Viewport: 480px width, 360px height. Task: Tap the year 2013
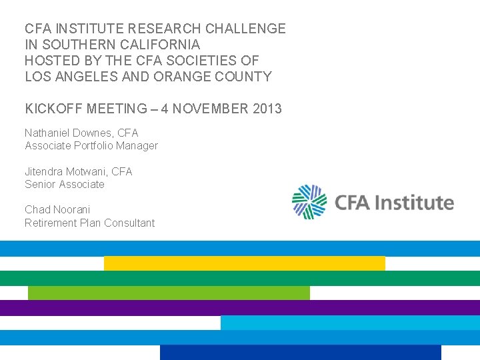[267, 109]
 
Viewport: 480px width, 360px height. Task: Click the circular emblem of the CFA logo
[310, 202]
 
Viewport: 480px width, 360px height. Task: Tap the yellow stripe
[244, 263]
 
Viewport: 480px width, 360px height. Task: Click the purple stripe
[240, 307]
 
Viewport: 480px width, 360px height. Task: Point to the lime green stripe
[169, 293]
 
